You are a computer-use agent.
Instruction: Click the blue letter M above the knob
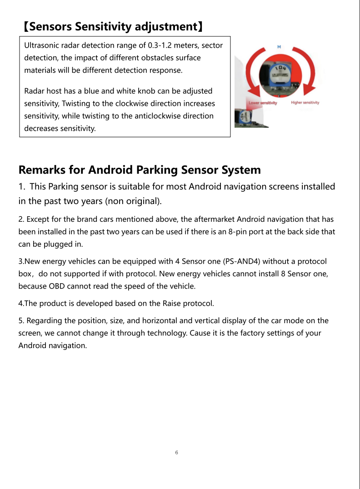click(279, 47)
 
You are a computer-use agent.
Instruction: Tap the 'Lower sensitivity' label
click(263, 103)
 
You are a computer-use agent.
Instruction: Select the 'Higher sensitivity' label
click(305, 102)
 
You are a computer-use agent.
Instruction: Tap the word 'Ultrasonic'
click(41, 46)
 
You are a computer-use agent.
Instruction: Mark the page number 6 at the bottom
click(176, 453)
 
